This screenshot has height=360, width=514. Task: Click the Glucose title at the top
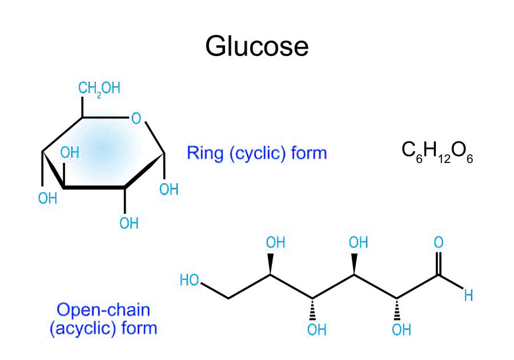click(x=256, y=46)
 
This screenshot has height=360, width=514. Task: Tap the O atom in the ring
click(x=136, y=119)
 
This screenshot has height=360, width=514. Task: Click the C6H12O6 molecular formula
click(x=437, y=153)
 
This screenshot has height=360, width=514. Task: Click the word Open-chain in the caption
click(x=95, y=310)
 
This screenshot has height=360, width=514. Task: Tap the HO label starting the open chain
click(x=190, y=280)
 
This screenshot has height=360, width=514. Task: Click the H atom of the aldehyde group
click(x=468, y=296)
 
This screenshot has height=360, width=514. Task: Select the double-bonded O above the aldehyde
click(x=439, y=242)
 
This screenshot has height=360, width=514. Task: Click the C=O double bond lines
click(x=439, y=263)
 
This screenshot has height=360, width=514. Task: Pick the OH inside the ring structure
click(x=70, y=153)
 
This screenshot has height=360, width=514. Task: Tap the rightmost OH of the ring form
click(x=169, y=189)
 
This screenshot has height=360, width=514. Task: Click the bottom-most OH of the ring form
click(x=129, y=223)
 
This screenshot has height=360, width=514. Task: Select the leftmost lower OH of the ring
click(x=48, y=198)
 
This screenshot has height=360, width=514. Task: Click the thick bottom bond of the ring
click(x=94, y=187)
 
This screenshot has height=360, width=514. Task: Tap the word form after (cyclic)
click(x=308, y=153)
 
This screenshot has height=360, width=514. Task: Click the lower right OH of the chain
click(x=401, y=329)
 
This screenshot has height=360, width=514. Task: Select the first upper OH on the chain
click(x=275, y=243)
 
